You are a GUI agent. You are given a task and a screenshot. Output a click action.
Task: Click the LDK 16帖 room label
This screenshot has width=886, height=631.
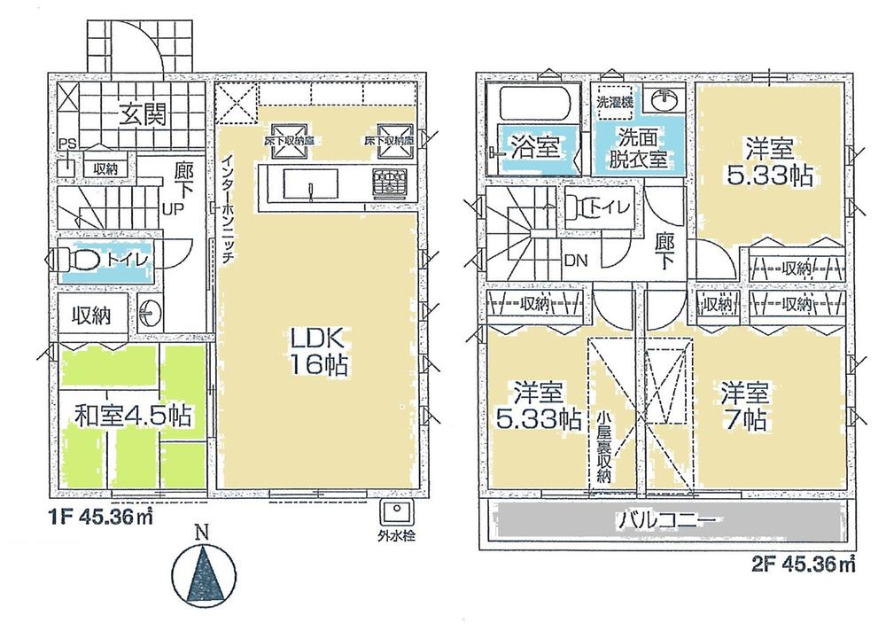click(x=315, y=350)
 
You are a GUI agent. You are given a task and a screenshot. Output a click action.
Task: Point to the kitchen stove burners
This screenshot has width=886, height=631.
click(x=387, y=184)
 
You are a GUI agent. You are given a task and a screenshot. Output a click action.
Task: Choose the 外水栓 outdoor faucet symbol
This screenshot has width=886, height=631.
click(x=392, y=513)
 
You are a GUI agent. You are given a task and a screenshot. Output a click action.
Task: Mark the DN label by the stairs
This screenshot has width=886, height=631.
click(x=575, y=260)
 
